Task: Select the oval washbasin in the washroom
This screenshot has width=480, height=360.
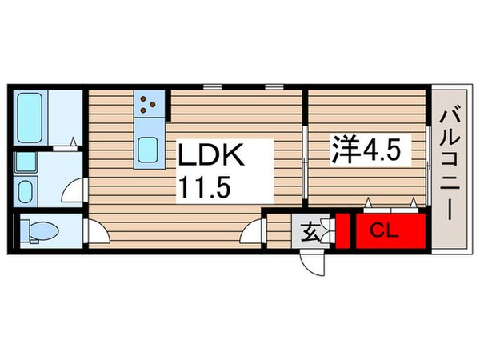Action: [25, 191]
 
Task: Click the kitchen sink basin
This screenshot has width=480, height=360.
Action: [149, 149]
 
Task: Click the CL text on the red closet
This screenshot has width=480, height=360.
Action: [386, 231]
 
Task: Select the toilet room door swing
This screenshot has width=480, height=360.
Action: [97, 233]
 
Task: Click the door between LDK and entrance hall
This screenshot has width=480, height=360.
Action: [255, 231]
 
